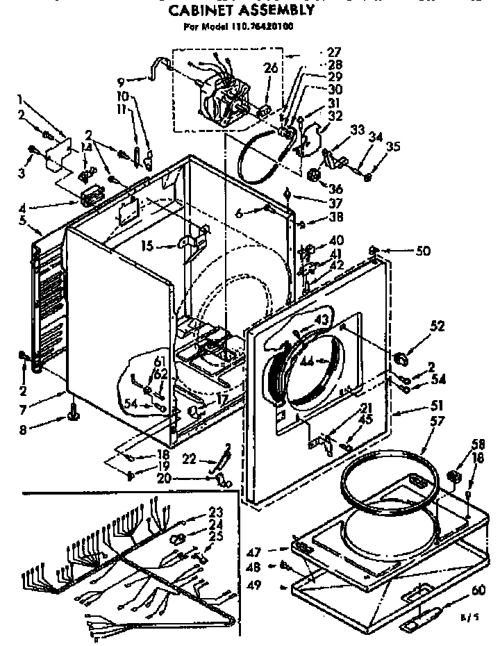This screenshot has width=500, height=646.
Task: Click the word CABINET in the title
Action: [x=202, y=12]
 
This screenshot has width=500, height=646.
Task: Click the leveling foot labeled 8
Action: [x=73, y=415]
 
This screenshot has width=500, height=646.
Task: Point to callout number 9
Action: [x=121, y=81]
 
